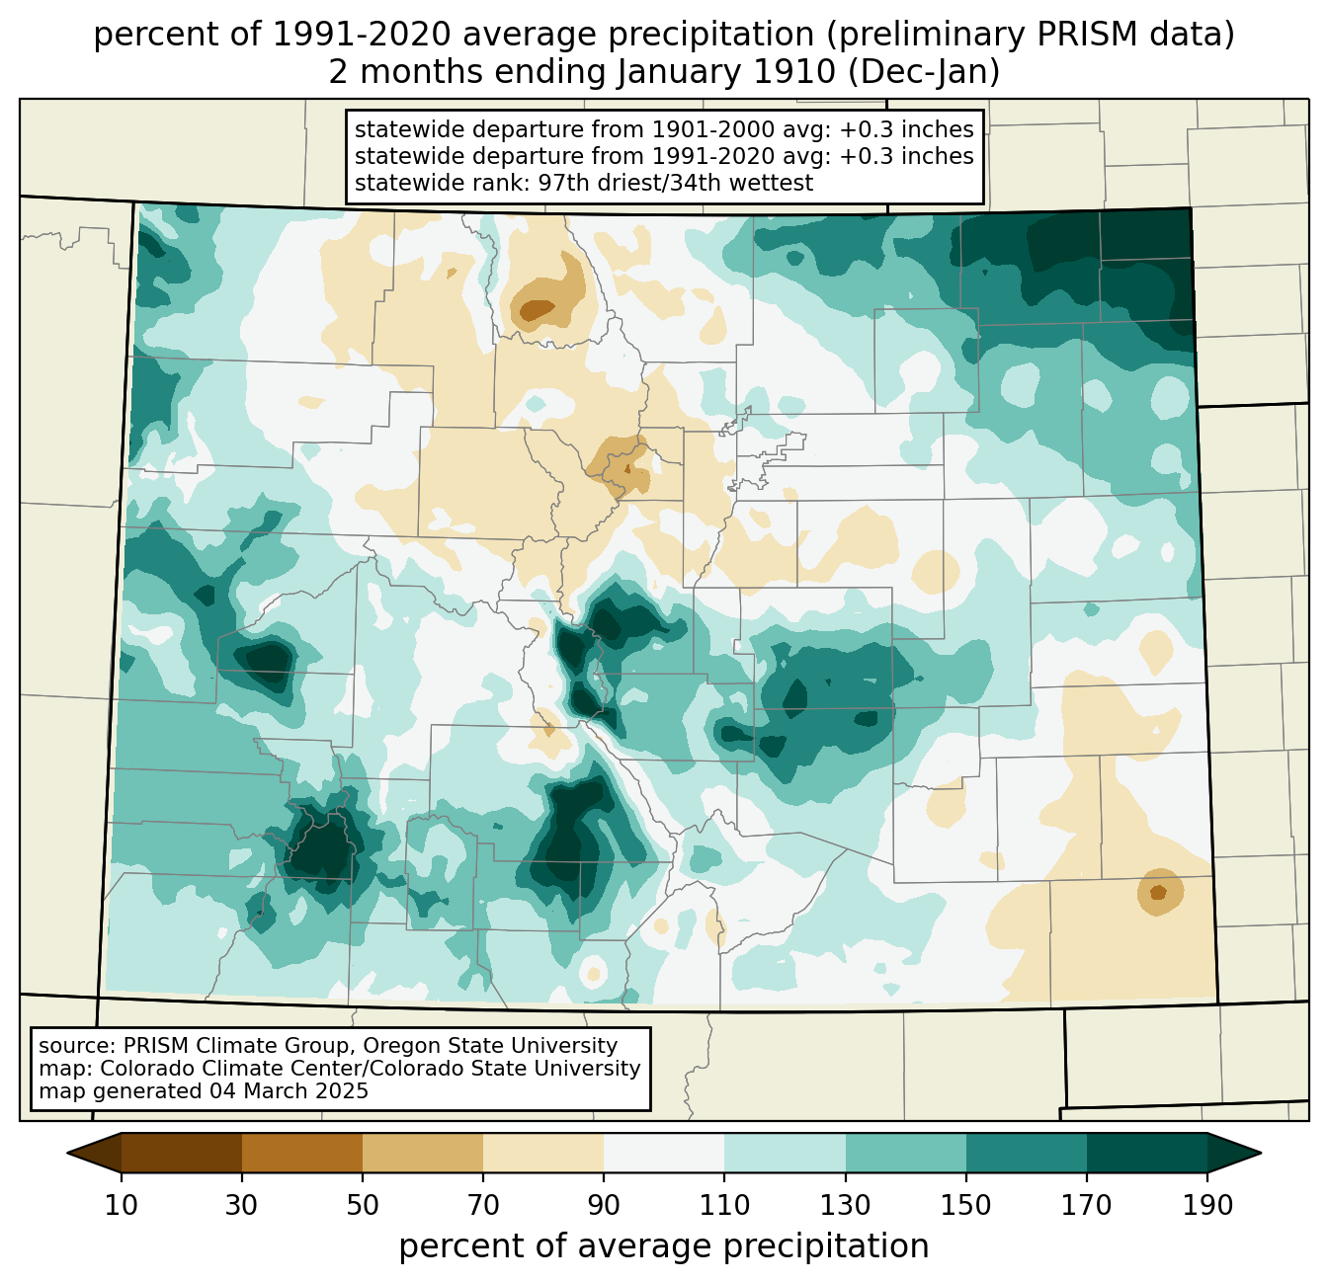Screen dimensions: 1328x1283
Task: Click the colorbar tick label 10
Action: [x=121, y=1206]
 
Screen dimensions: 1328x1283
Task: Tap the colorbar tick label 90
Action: [x=604, y=1206]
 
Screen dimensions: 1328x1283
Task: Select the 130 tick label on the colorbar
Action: [x=846, y=1206]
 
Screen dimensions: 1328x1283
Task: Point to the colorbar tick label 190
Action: [x=1207, y=1206]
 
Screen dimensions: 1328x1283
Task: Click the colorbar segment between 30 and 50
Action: [x=302, y=1154]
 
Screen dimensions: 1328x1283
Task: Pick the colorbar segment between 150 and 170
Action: [x=1027, y=1154]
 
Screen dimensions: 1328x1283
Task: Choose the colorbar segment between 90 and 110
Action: [x=664, y=1154]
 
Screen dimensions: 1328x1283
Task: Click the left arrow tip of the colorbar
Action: [x=67, y=1154]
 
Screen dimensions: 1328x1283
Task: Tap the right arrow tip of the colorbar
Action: [x=1261, y=1154]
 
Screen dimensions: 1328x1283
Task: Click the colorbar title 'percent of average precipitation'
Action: [x=664, y=1246]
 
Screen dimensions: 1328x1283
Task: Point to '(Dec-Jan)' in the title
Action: [x=923, y=72]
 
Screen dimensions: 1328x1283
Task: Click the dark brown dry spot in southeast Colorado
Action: [x=1158, y=892]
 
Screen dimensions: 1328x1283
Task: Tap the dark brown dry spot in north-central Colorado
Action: [x=538, y=310]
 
